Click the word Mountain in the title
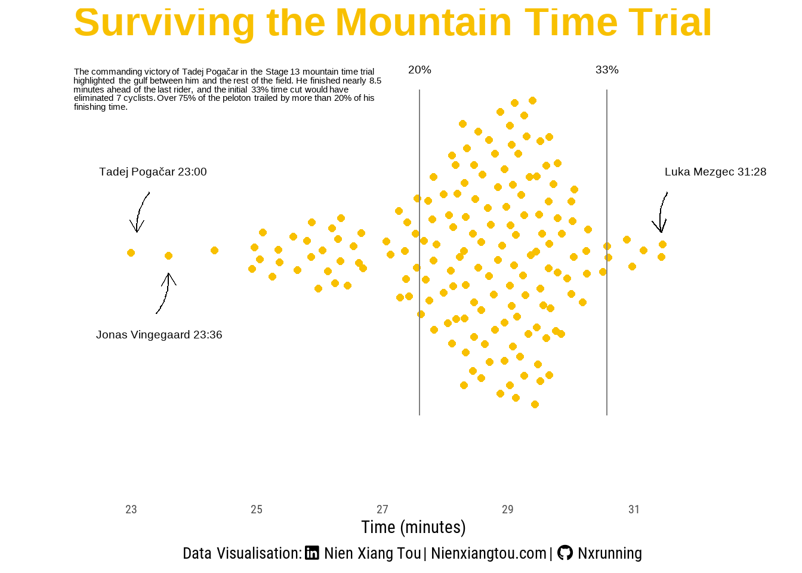pyautogui.click(x=424, y=22)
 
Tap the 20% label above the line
pyautogui.click(x=419, y=70)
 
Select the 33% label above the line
pyautogui.click(x=607, y=70)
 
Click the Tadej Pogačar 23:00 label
pyautogui.click(x=153, y=172)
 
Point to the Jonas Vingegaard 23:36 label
pyautogui.click(x=159, y=335)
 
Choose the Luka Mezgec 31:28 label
pyautogui.click(x=715, y=172)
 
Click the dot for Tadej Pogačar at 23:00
pyautogui.click(x=131, y=253)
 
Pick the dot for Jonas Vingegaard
pyautogui.click(x=169, y=255)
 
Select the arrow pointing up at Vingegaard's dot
pyautogui.click(x=166, y=294)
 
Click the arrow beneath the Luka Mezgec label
pyautogui.click(x=661, y=212)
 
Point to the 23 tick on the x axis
pyautogui.click(x=131, y=509)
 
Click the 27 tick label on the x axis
pyautogui.click(x=383, y=509)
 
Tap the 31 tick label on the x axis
pyautogui.click(x=634, y=509)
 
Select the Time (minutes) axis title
pyautogui.click(x=414, y=528)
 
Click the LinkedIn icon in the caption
pyautogui.click(x=312, y=553)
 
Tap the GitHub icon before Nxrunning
pyautogui.click(x=565, y=553)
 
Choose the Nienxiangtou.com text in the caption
pyautogui.click(x=489, y=553)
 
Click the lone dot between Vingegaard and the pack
pyautogui.click(x=214, y=250)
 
